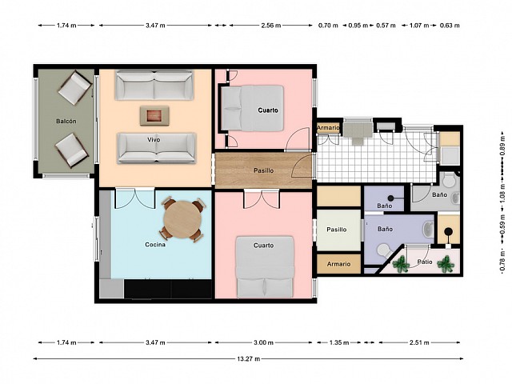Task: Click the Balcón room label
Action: click(66, 121)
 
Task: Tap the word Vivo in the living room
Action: click(154, 140)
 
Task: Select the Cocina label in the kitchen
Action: click(155, 245)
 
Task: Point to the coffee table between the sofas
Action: click(154, 115)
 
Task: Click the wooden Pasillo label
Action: click(264, 170)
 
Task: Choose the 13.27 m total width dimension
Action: click(249, 359)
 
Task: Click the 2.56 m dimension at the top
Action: click(271, 25)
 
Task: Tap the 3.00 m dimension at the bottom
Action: click(263, 342)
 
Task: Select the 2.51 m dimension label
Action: click(419, 342)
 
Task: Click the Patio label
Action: click(425, 262)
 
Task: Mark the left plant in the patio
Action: click(401, 263)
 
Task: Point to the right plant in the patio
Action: click(446, 263)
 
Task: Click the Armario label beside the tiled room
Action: click(329, 128)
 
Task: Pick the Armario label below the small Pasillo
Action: click(339, 264)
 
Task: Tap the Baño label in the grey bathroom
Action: click(439, 194)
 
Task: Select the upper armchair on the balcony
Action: click(75, 88)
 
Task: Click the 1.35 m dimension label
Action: click(339, 342)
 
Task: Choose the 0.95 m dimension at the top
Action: click(358, 25)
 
